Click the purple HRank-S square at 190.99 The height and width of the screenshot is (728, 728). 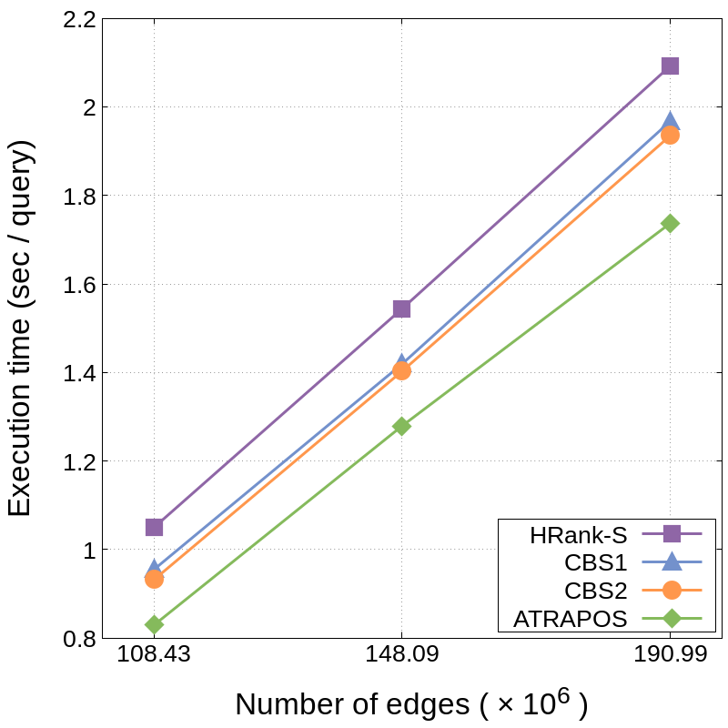click(670, 66)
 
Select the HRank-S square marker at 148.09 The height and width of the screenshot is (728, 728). click(401, 308)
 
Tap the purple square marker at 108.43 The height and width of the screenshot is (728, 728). click(154, 528)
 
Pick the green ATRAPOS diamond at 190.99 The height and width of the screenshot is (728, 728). click(670, 223)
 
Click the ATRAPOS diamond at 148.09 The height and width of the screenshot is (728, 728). click(401, 426)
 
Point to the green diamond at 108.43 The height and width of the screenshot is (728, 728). click(154, 624)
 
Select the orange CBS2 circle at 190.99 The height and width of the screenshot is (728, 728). click(670, 136)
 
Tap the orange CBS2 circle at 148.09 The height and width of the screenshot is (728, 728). click(401, 370)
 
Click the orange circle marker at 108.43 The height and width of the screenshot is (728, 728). click(154, 579)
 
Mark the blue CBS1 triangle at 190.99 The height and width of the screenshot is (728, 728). click(670, 121)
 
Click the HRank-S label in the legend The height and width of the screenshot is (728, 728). click(579, 536)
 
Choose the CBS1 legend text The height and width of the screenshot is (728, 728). click(596, 562)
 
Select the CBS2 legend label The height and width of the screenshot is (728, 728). click(596, 591)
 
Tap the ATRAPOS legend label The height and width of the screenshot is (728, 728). click(571, 619)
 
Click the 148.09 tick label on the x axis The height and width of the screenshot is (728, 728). click(401, 654)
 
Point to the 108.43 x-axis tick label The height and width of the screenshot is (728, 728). click(154, 654)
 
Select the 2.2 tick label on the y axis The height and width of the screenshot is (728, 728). click(79, 20)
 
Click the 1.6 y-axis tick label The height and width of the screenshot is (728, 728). click(79, 285)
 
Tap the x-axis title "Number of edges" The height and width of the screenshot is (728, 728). click(352, 704)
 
